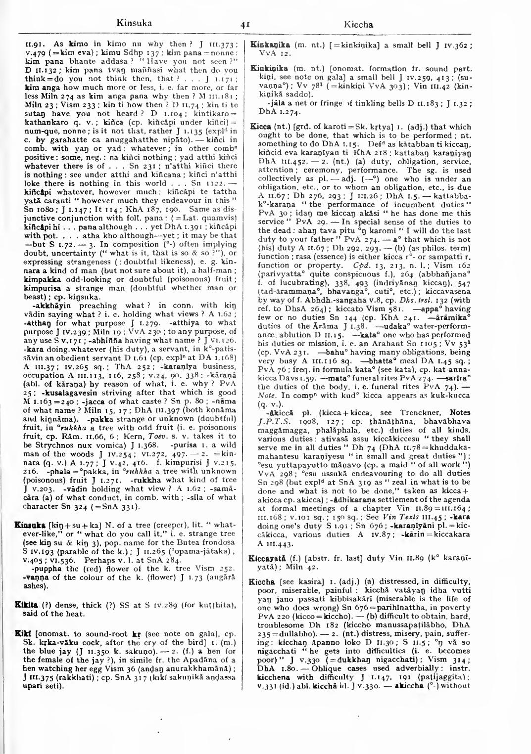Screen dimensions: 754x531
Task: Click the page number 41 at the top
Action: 244,24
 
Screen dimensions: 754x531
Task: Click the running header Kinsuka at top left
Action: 134,22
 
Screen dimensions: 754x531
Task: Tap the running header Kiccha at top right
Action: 358,24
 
